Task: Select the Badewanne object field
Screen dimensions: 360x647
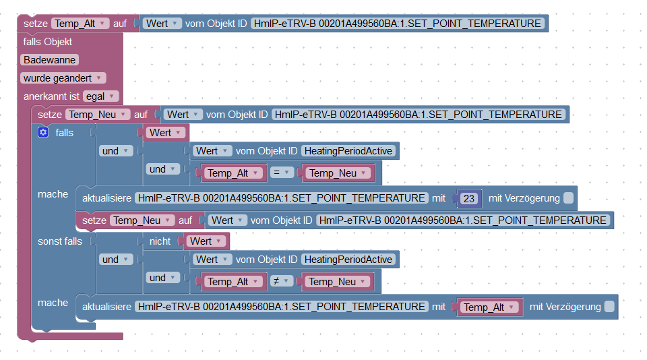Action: pos(49,60)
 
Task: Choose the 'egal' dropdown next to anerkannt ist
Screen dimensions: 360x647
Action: pos(101,96)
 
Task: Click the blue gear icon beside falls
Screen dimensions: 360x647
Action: pos(44,133)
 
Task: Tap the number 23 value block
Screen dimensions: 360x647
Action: pos(470,198)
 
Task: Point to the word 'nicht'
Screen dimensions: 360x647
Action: pos(160,241)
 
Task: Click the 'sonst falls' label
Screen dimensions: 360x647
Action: pos(60,241)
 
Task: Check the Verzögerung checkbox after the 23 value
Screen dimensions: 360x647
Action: pos(569,198)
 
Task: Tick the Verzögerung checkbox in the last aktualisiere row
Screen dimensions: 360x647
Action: pos(609,307)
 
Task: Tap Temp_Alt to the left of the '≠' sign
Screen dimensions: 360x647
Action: pos(233,282)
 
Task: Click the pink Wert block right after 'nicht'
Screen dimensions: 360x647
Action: pos(205,241)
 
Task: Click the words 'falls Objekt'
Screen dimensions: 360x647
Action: pos(47,42)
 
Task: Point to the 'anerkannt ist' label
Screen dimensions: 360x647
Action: pos(51,96)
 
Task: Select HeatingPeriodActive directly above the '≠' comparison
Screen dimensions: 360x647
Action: pos(348,260)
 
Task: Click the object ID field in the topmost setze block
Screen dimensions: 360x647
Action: pos(398,24)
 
